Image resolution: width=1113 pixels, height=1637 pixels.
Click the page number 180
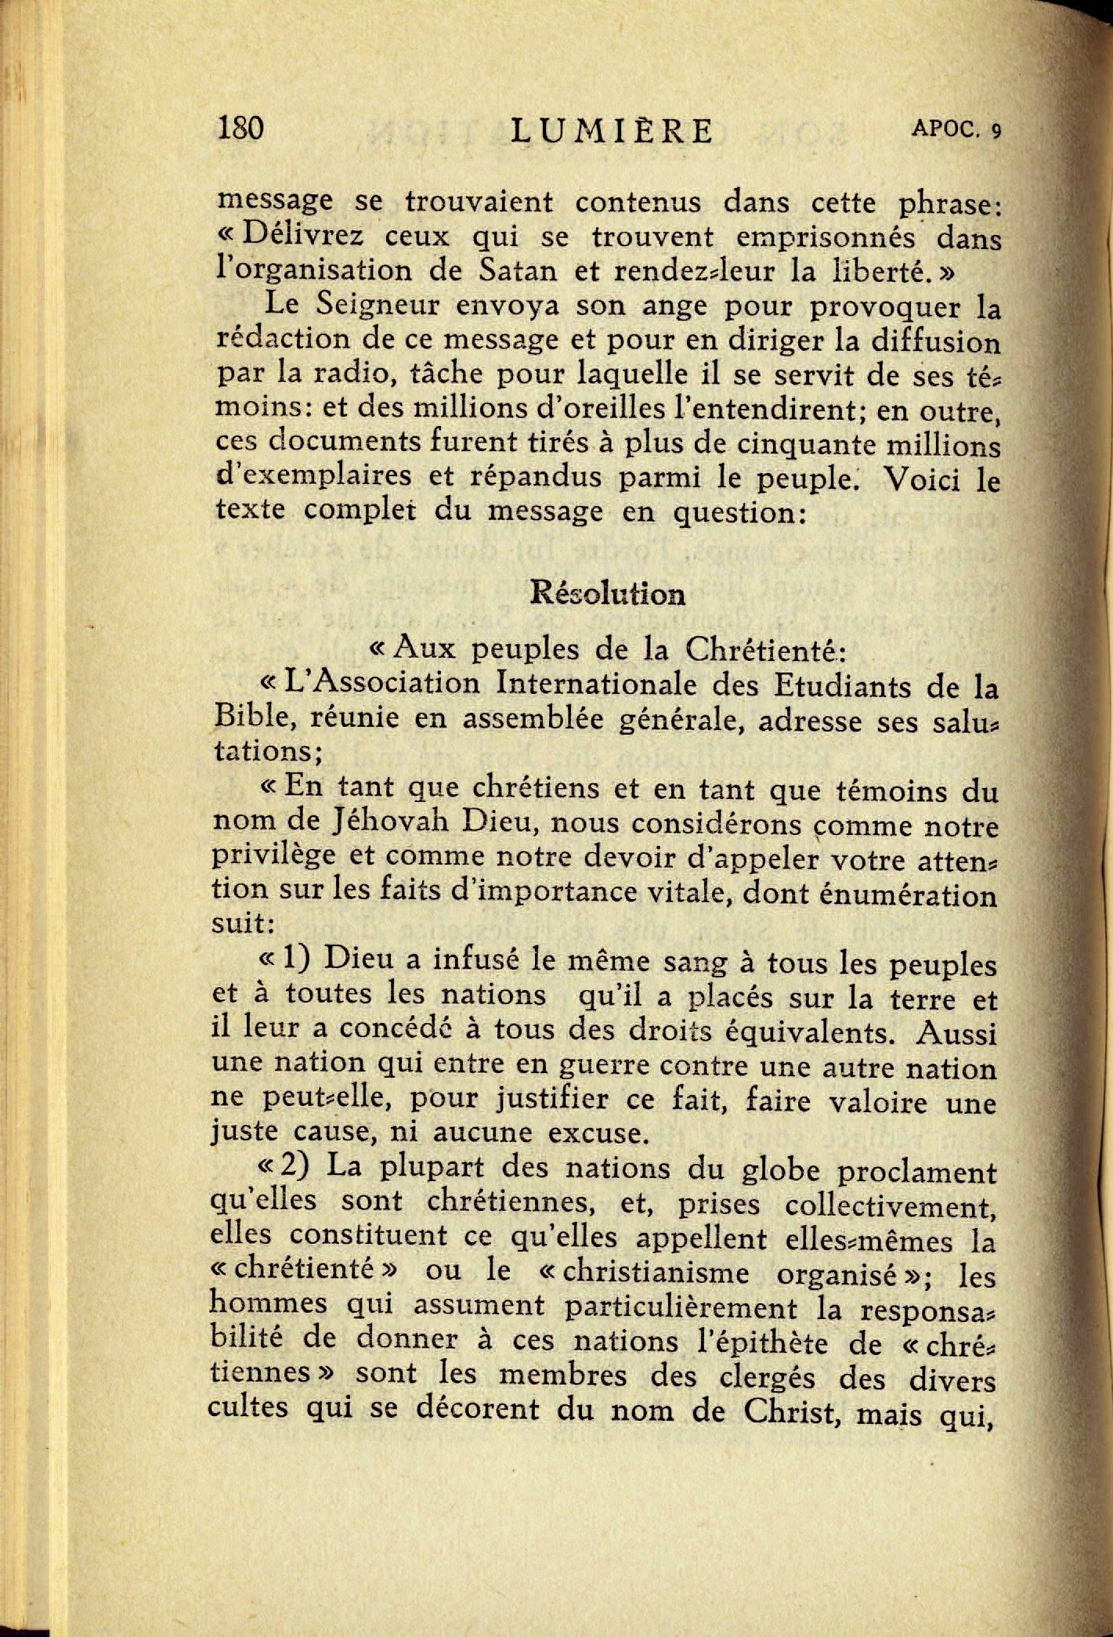click(240, 128)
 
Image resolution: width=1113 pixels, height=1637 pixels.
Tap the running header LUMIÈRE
click(612, 131)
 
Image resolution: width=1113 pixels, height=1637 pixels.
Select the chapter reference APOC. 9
click(956, 130)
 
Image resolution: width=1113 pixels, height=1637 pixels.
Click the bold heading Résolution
click(607, 594)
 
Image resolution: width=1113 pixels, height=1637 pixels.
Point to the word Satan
click(518, 270)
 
